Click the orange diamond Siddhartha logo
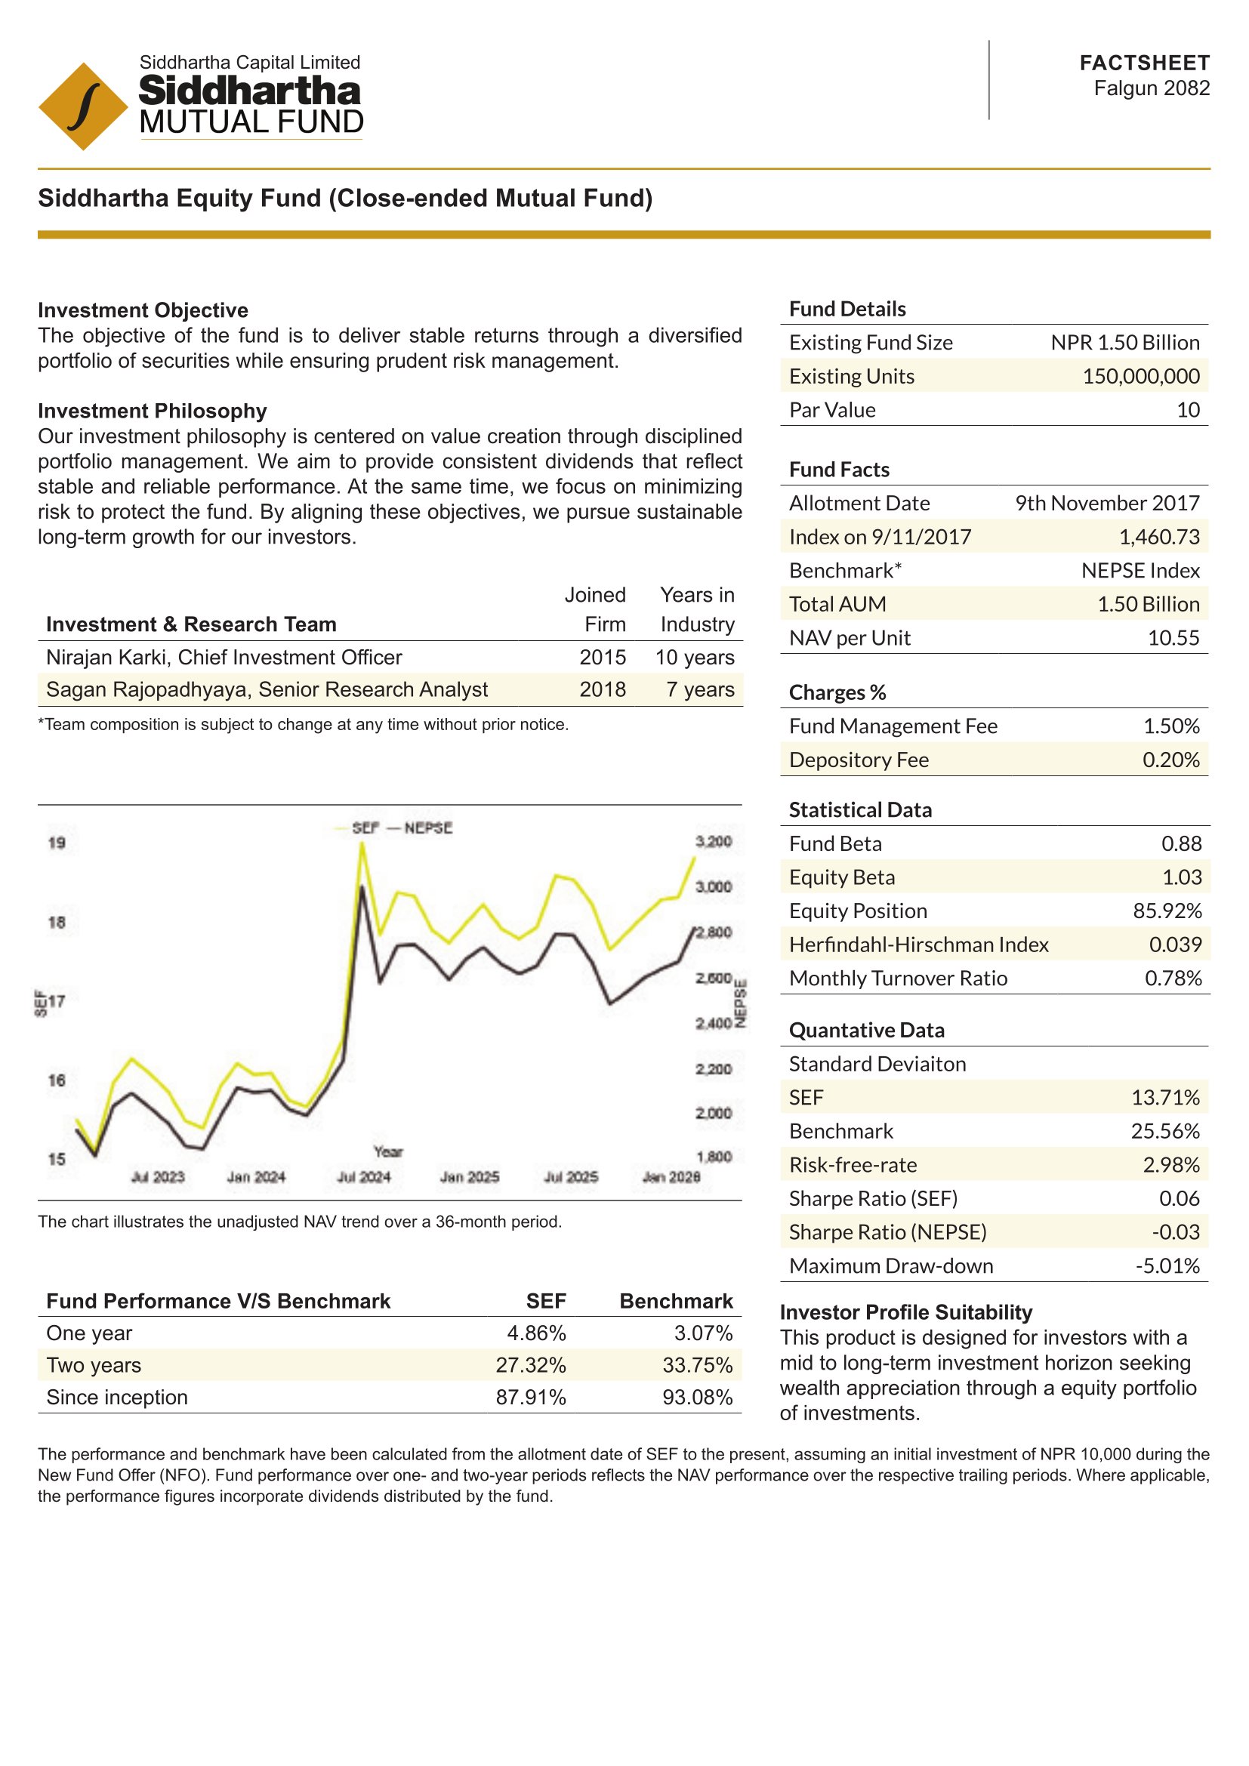coord(83,106)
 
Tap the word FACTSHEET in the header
coord(1143,63)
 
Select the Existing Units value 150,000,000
coord(1140,376)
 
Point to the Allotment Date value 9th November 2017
coord(1107,503)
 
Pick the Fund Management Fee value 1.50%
coord(1170,726)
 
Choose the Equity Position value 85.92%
coord(1167,911)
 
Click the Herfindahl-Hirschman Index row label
coord(918,945)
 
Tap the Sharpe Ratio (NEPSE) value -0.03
coord(1175,1232)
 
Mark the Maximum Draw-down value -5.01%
coord(1167,1266)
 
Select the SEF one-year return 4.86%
coord(536,1333)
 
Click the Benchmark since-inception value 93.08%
coord(697,1398)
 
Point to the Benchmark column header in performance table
coord(676,1301)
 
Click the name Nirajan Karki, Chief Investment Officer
coord(224,658)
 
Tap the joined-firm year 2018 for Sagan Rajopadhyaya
coord(602,689)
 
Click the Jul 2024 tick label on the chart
coord(364,1177)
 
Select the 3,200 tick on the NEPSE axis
coord(713,841)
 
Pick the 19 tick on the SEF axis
coord(57,843)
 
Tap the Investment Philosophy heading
coord(153,411)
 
